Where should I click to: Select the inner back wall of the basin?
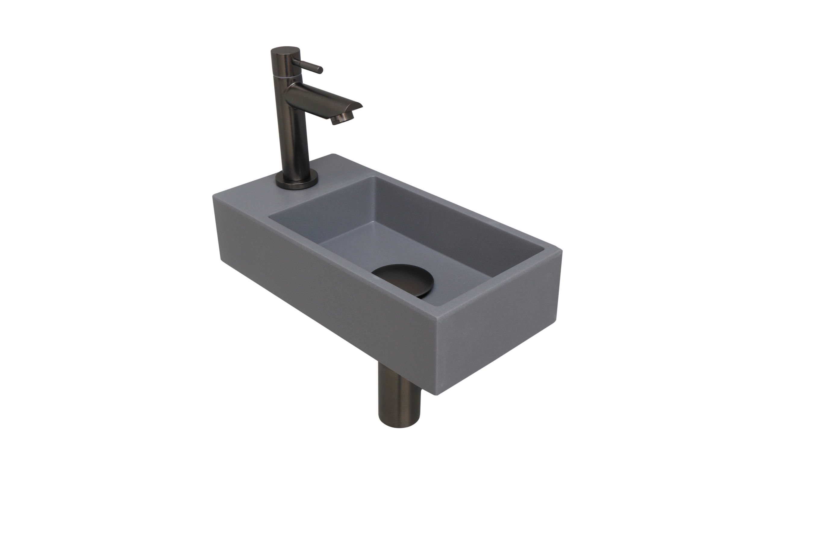click(x=455, y=217)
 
